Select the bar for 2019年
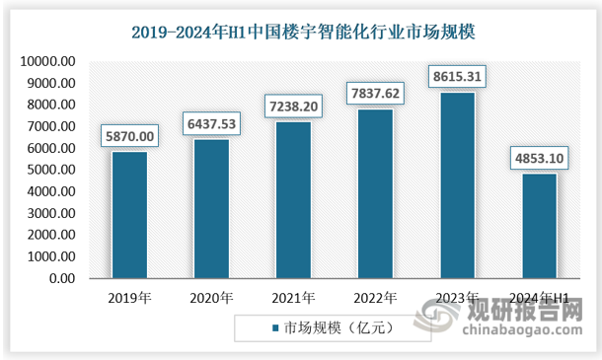(129, 215)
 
